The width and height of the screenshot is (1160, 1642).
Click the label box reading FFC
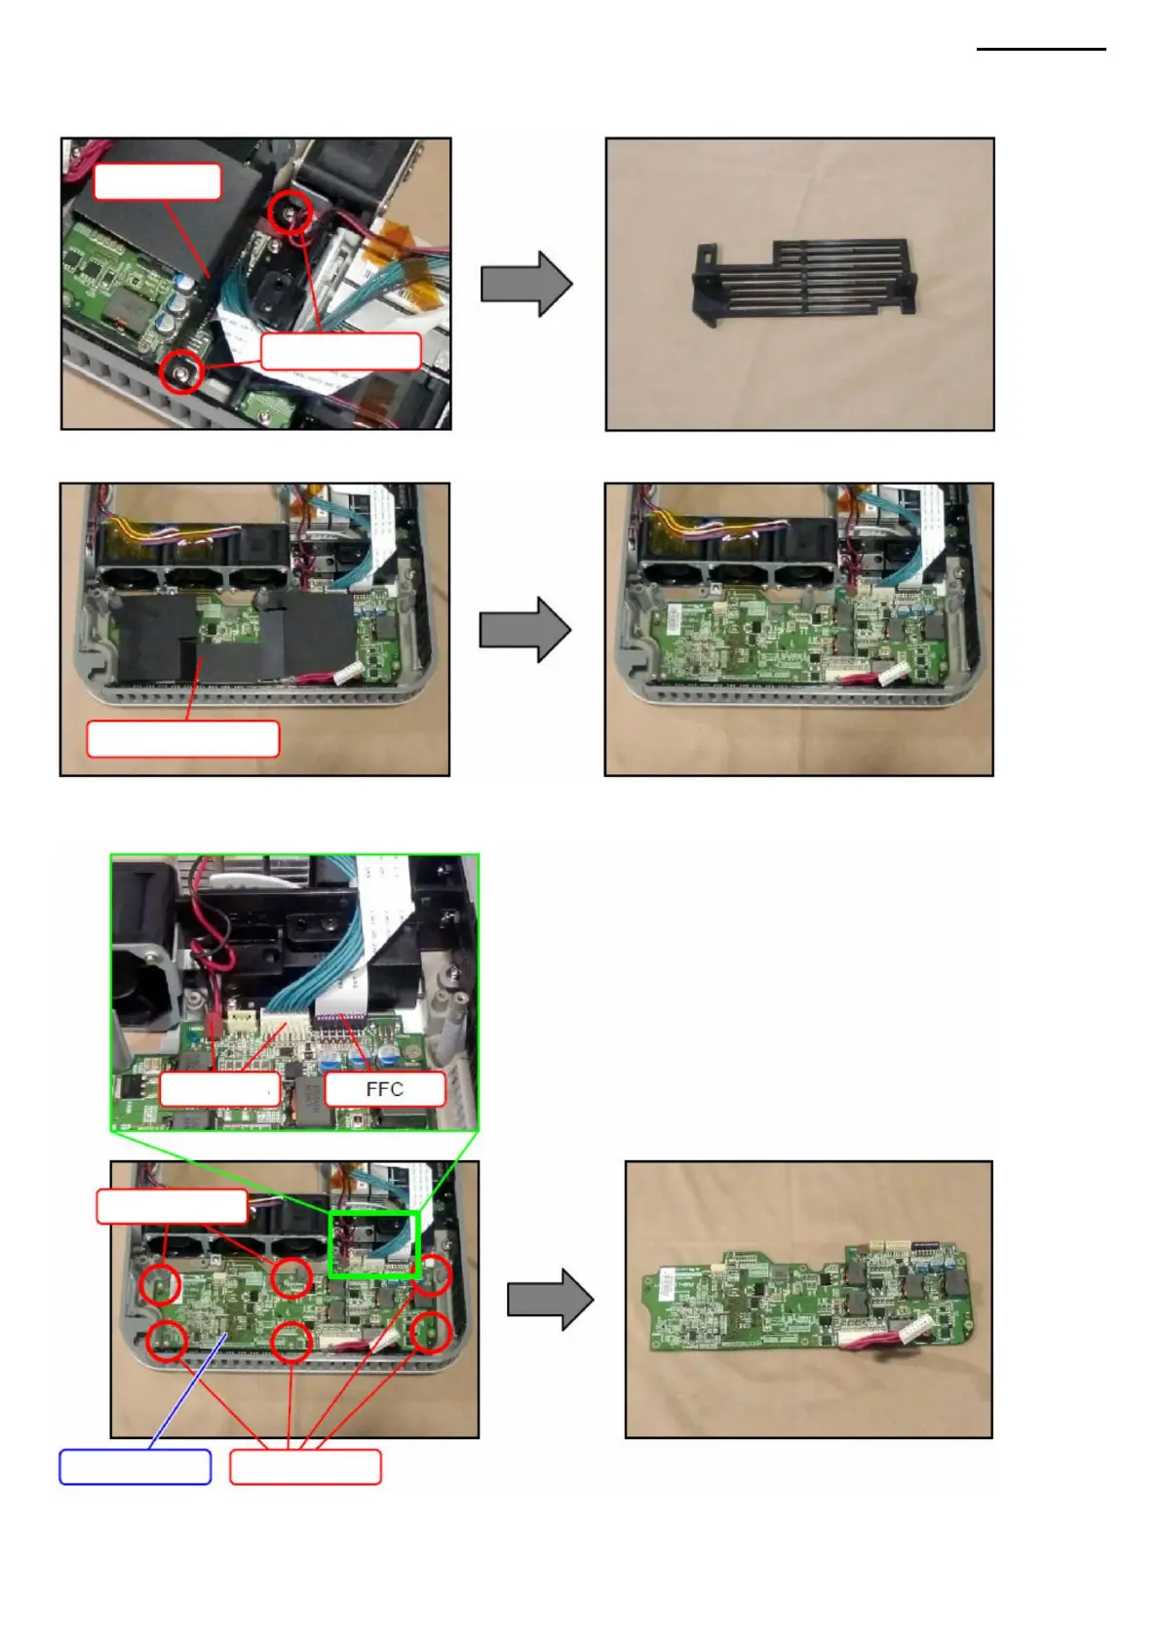[384, 1089]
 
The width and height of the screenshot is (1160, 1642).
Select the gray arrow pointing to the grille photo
[526, 284]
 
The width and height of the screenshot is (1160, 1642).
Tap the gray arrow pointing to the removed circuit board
[550, 1299]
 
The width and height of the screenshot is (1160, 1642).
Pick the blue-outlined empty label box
[135, 1466]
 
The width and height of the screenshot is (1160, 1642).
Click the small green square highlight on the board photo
[373, 1243]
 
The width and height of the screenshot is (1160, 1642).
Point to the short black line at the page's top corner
[1041, 49]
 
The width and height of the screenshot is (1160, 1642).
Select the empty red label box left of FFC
[219, 1089]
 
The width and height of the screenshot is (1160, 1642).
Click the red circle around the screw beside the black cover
[291, 213]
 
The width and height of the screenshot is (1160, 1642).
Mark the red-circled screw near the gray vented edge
[181, 371]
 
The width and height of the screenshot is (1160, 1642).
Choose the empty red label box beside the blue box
[305, 1466]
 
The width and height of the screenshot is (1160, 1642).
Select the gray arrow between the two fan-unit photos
[524, 630]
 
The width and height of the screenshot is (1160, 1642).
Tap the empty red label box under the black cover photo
[183, 739]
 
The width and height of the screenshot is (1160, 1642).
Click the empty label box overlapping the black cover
[157, 181]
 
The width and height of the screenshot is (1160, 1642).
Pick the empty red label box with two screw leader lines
[341, 351]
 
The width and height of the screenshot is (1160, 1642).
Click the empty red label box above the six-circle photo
[172, 1206]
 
